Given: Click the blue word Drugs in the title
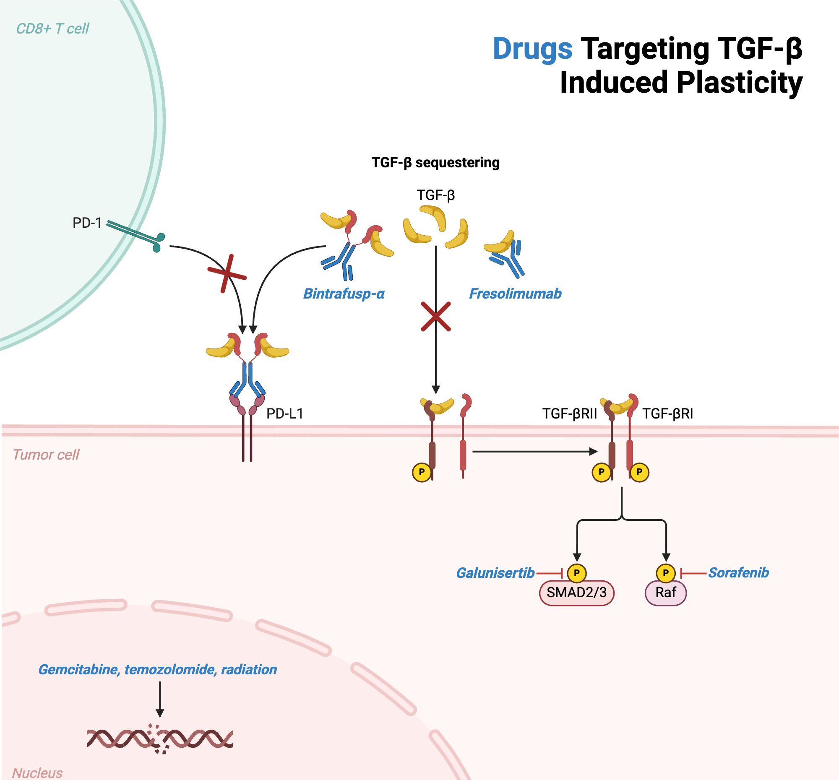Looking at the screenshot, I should [x=532, y=49].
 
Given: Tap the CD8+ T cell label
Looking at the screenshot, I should [x=52, y=29].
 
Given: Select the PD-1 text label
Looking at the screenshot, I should [x=87, y=223].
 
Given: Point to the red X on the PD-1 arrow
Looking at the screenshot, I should [x=227, y=274].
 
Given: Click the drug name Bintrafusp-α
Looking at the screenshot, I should [x=344, y=294].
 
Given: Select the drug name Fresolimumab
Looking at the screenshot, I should [x=515, y=294].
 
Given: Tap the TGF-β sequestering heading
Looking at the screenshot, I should [x=435, y=162].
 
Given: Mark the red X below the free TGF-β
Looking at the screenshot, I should [x=435, y=316].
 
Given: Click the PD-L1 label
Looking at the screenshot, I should [x=284, y=414].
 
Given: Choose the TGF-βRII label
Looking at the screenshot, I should [x=569, y=414].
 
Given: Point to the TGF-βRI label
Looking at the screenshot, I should [x=667, y=414].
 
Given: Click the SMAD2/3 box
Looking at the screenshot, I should [x=576, y=593].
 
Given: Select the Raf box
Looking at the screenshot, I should [x=666, y=593].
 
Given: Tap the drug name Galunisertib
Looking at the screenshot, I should [x=495, y=573].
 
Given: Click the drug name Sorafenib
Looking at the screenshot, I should [x=738, y=573].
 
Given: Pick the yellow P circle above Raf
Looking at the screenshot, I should [x=666, y=573].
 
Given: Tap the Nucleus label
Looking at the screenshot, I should [x=37, y=773].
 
